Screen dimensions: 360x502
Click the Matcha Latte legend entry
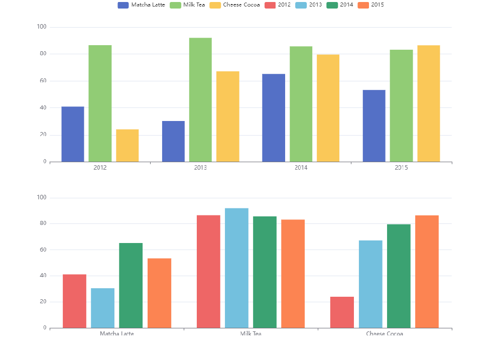(x=142, y=5)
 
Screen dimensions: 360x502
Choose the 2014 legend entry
(x=339, y=5)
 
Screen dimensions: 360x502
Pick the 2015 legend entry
(x=370, y=5)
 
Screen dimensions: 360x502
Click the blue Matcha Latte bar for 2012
(x=73, y=134)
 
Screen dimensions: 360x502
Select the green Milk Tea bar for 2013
(x=200, y=100)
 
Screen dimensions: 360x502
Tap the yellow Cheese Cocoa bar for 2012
(x=128, y=146)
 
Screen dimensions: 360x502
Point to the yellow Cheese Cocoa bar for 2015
(x=429, y=103)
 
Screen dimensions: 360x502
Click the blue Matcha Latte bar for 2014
(x=274, y=118)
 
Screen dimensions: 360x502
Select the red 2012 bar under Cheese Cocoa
(x=342, y=312)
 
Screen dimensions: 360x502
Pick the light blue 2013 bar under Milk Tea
(x=236, y=268)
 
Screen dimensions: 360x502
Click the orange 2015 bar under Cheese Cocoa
(x=427, y=272)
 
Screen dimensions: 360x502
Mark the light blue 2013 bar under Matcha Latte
(x=102, y=308)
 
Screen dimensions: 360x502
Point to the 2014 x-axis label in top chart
(x=301, y=168)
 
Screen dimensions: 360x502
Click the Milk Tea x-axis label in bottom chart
(x=250, y=333)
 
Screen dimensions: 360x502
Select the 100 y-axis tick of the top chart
(x=42, y=27)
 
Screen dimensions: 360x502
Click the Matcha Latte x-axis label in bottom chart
(x=117, y=333)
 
